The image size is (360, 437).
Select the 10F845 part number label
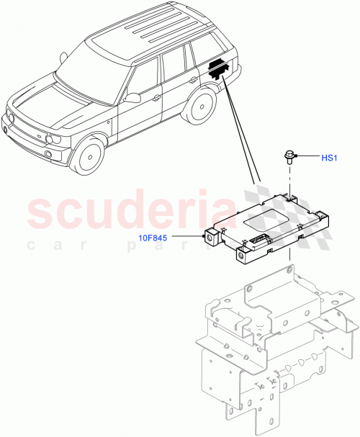pos(167,235)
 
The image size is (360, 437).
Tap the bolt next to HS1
pos(288,156)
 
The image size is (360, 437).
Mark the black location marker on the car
pos(217,68)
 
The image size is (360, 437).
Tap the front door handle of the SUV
pos(157,96)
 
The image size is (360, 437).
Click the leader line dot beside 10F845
pos(203,235)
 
